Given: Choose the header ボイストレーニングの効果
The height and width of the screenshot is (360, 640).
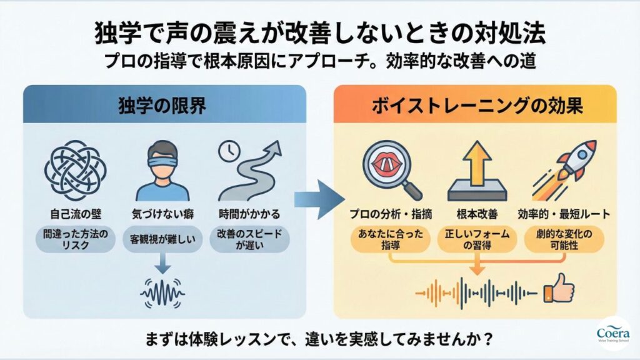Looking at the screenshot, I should (476, 105).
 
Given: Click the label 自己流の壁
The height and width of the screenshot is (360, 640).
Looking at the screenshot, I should (72, 214).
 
